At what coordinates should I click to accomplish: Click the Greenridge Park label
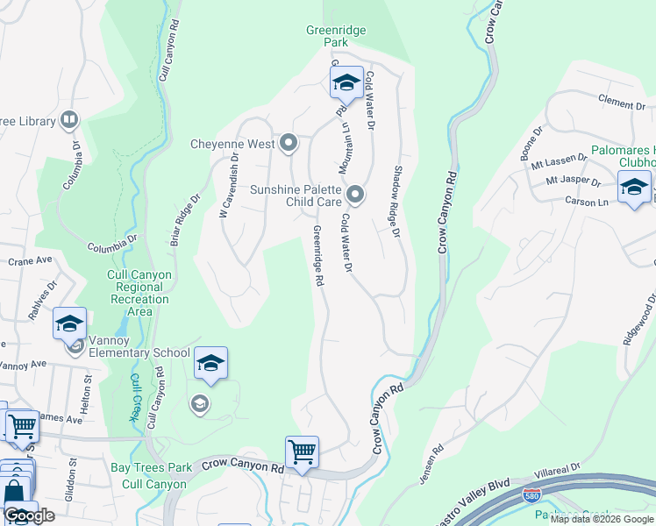point(336,37)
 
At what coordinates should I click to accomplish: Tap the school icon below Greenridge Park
point(346,83)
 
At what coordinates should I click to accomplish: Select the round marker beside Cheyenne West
point(289,143)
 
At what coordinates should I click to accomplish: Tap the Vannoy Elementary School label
point(139,353)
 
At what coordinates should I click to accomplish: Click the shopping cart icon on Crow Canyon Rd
point(302,452)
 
